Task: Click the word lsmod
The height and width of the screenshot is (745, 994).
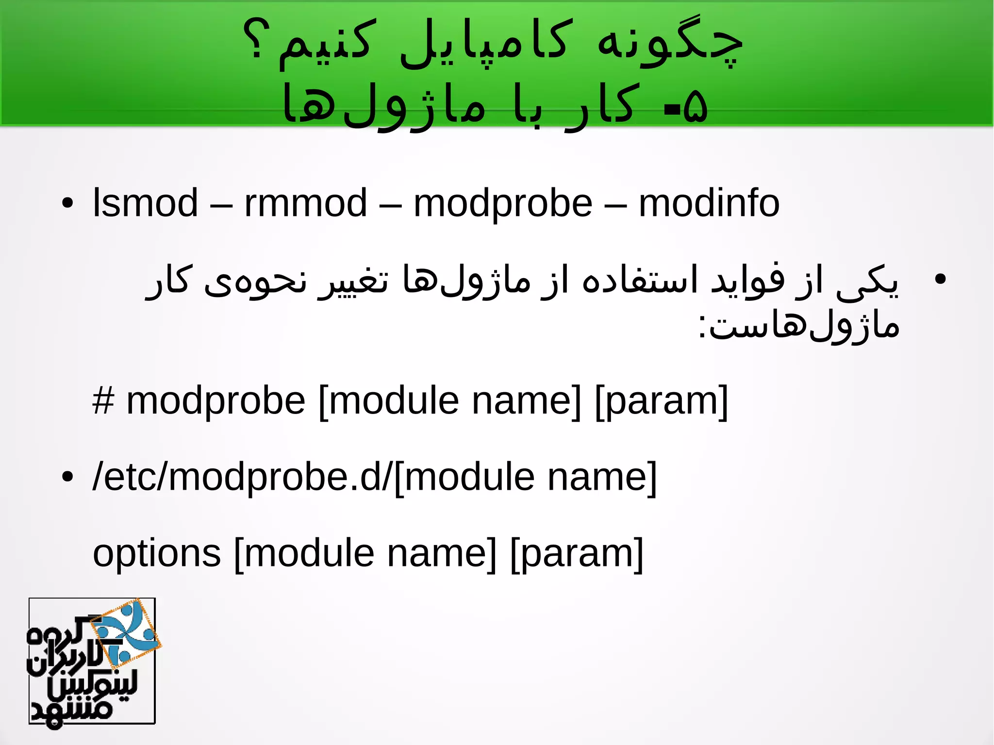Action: (x=145, y=203)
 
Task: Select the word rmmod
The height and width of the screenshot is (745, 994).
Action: (x=305, y=203)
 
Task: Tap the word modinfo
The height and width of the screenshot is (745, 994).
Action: (x=709, y=203)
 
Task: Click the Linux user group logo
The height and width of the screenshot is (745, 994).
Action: (x=92, y=661)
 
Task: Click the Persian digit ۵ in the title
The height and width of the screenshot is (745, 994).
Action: (x=695, y=108)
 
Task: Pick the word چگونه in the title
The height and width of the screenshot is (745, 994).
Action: (x=670, y=44)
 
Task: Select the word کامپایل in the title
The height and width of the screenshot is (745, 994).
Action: (x=483, y=44)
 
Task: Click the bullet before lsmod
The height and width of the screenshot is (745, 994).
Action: (x=67, y=204)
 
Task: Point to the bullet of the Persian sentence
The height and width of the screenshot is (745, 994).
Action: (x=940, y=279)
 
